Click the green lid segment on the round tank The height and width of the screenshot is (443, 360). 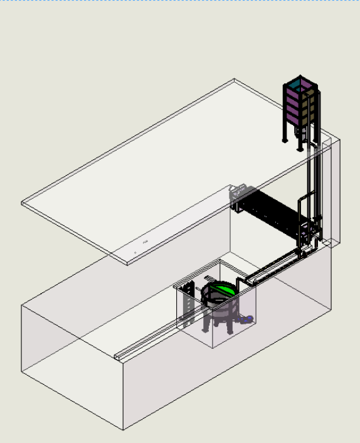pyautogui.click(x=221, y=290)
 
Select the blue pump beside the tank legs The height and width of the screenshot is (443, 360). pyautogui.click(x=249, y=319)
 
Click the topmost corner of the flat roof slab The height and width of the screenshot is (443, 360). pyautogui.click(x=235, y=80)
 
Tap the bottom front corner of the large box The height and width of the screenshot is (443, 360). pyautogui.click(x=123, y=429)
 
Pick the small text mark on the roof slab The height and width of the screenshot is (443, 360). pyautogui.click(x=146, y=241)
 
